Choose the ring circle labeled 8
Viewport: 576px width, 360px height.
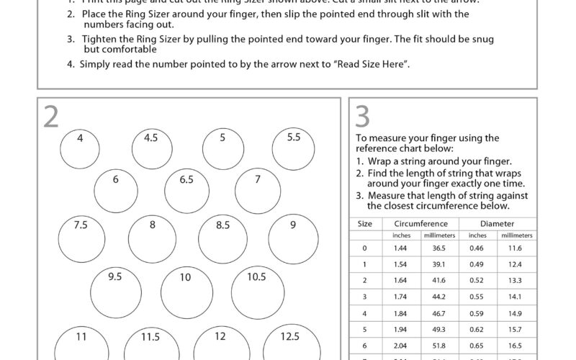tap(152, 239)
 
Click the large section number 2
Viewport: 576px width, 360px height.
tap(50, 117)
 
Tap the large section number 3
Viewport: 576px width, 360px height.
tap(363, 116)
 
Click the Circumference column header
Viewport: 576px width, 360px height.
tap(420, 224)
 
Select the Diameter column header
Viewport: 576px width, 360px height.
tap(498, 224)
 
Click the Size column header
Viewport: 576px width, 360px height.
tap(365, 224)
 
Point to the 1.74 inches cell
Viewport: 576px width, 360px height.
tap(401, 297)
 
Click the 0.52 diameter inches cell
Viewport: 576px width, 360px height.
tap(477, 281)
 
